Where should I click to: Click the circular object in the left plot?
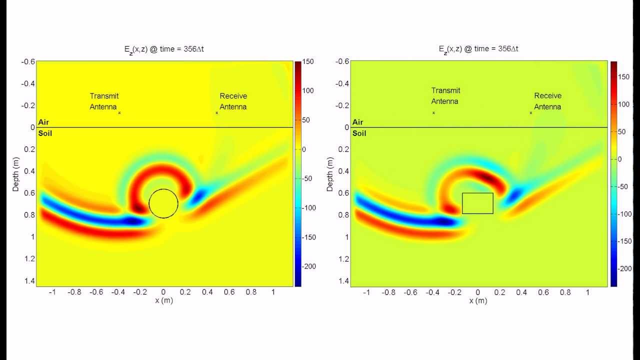(x=163, y=203)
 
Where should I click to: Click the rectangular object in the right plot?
(x=477, y=203)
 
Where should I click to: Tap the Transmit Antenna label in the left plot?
(x=104, y=101)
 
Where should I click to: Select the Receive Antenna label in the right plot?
(x=547, y=101)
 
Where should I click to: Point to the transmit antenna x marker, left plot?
(x=119, y=113)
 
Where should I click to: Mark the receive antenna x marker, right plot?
(x=531, y=113)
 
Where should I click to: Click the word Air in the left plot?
(x=43, y=122)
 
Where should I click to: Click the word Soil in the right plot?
(x=359, y=133)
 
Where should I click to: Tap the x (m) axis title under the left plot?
(x=163, y=300)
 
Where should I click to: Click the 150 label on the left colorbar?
(x=308, y=61)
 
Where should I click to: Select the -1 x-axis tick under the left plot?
(x=52, y=292)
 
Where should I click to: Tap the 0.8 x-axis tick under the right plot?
(x=565, y=292)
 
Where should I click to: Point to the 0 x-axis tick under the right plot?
(x=477, y=292)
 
